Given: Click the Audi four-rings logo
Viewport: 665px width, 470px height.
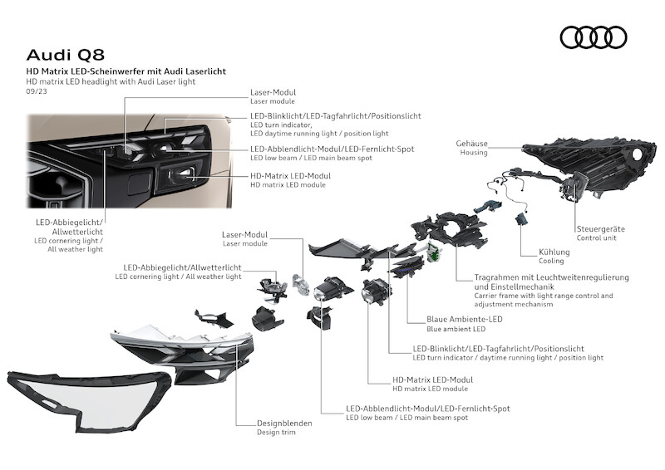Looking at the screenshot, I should tap(593, 37).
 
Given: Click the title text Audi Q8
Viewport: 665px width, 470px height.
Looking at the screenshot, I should tap(66, 55).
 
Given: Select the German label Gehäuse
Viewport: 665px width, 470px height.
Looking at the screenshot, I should tap(471, 144).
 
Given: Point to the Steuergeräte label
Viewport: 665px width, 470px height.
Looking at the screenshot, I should tap(600, 228).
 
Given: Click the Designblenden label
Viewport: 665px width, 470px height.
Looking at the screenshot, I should tap(284, 423).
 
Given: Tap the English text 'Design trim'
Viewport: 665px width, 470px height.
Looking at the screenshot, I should tap(276, 433).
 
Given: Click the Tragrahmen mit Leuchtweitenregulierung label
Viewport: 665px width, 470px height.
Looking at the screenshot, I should tap(551, 277).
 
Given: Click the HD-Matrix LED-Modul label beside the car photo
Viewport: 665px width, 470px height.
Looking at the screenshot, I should tap(290, 176).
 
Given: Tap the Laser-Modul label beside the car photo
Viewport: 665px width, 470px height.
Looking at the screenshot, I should tap(273, 92).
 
